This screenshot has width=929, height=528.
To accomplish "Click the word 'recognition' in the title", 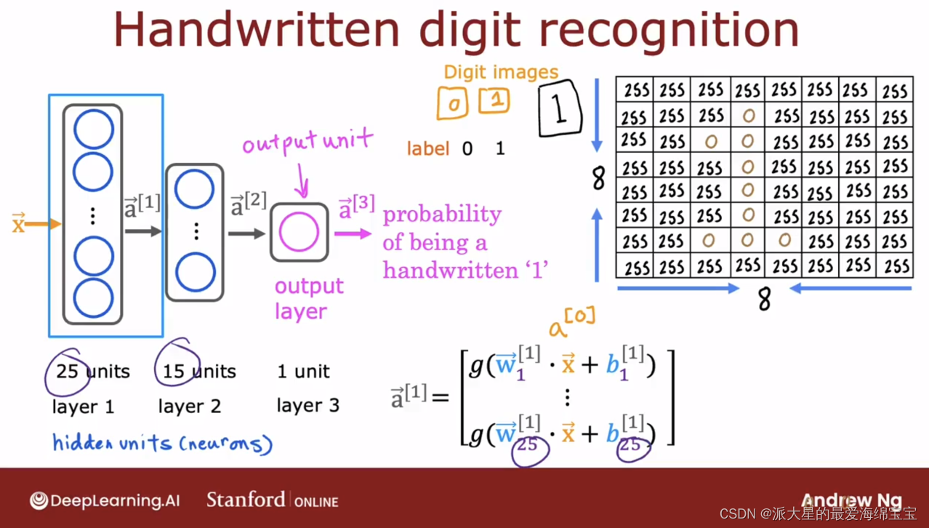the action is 668,30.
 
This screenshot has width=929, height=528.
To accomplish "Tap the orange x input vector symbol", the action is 18,223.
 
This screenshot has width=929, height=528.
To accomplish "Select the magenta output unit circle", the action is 299,231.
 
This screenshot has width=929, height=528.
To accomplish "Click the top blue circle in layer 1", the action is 94,129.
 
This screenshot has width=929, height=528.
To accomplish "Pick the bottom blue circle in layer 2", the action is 195,272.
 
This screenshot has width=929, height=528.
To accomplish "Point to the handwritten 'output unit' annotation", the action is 307,141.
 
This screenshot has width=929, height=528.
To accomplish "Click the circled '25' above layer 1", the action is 67,372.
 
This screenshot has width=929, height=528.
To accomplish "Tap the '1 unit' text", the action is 303,371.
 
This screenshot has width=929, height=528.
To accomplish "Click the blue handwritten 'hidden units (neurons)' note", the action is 162,443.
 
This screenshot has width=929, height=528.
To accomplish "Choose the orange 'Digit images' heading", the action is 501,72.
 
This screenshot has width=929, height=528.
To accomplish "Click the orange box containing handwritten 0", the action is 452,103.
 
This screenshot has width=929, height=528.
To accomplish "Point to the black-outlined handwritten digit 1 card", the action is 560,108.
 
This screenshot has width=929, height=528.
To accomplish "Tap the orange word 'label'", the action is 428,148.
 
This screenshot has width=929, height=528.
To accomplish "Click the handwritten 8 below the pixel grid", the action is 764,298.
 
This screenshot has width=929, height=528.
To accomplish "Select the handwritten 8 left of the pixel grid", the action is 598,178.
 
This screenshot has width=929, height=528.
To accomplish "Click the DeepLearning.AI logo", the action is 105,500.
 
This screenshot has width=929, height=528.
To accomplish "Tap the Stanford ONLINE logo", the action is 273,500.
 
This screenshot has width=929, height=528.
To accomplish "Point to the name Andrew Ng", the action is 851,500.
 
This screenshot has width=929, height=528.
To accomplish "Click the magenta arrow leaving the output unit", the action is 353,233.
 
